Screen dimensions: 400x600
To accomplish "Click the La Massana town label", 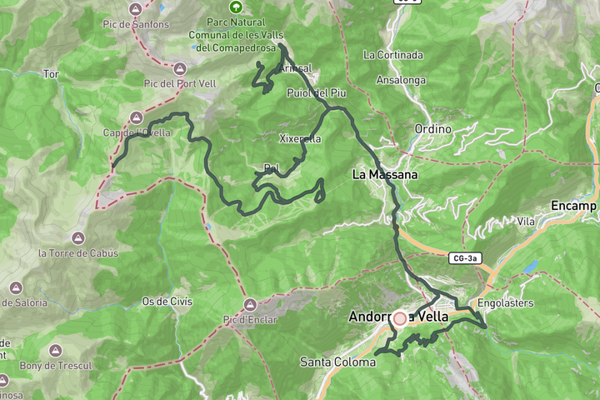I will tap(384, 175).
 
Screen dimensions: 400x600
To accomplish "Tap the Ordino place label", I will tap(432, 129).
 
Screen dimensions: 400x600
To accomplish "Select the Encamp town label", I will tap(575, 206).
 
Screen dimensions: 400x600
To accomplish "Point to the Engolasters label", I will tap(506, 302).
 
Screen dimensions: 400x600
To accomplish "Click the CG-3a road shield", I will tap(465, 259).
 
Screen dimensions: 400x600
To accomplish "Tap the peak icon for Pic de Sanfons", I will tap(137, 8).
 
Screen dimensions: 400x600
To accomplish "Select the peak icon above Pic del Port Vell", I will tap(180, 67).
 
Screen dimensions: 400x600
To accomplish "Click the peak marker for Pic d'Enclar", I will tap(250, 304).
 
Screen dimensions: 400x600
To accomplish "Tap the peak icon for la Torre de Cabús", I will tap(77, 237).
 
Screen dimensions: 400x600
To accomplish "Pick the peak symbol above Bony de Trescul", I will tap(55, 350).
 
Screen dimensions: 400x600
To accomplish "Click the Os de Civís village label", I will tap(167, 301).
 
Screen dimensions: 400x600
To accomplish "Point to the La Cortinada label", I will tap(393, 55).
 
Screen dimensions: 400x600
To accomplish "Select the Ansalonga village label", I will tap(401, 80).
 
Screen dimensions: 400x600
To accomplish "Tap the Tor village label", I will tap(51, 74).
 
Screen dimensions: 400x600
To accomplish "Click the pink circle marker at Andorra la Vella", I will tap(400, 318).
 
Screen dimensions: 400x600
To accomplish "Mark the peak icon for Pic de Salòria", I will tap(15, 287).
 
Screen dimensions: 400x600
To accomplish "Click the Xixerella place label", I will tap(299, 138).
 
